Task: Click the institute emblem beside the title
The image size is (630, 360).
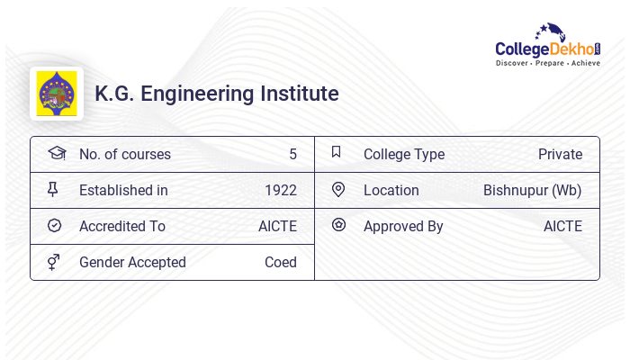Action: pos(57,94)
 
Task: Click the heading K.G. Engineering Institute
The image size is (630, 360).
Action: pos(217,94)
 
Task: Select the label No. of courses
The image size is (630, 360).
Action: pos(124,154)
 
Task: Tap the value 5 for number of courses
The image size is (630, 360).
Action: pos(292,154)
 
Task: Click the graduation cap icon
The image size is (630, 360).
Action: pos(56,153)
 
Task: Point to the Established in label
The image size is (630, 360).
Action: pos(123,190)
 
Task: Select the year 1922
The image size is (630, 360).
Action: pos(280,190)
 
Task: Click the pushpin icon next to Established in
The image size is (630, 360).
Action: pos(53,189)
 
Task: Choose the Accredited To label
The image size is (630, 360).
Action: pos(121,226)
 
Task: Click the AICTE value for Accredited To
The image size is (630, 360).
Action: pos(277,226)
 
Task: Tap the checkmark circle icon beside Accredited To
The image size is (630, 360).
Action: pos(54,226)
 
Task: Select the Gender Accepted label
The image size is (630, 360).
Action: pos(132,262)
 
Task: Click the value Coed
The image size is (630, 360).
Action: pos(280,262)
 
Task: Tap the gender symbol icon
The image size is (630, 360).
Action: pos(54,262)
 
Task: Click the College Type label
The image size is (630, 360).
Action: pos(403,154)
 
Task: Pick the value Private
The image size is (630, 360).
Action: pos(560,154)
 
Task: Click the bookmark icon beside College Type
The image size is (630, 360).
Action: pos(337,152)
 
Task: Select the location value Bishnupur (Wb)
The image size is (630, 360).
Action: pos(532,190)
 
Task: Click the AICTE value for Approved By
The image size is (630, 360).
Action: pos(562,226)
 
